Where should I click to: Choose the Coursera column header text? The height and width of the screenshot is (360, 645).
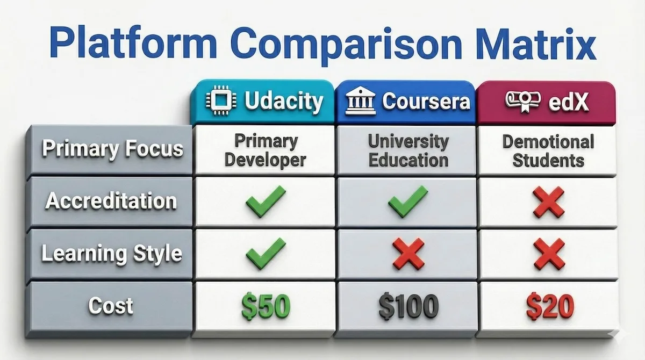tap(426, 102)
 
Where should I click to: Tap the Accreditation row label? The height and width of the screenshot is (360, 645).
tap(111, 201)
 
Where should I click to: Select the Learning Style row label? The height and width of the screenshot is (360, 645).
tap(112, 253)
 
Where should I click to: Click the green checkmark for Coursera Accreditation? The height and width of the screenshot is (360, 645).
tap(408, 201)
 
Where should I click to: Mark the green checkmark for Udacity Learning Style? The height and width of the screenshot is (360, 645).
tap(266, 253)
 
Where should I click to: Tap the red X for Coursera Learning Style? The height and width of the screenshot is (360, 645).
tap(408, 254)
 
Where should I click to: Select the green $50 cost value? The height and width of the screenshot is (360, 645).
tap(265, 307)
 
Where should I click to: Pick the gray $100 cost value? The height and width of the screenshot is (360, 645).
tap(408, 307)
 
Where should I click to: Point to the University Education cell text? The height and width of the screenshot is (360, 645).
tap(408, 150)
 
